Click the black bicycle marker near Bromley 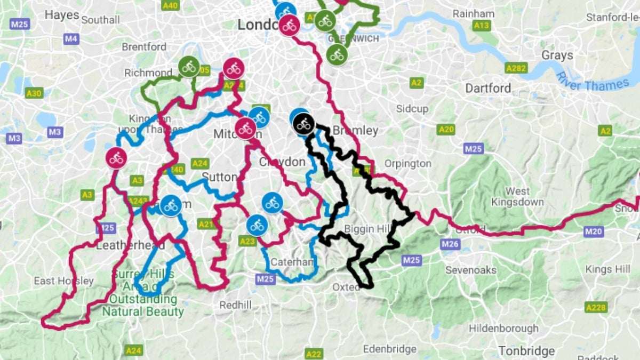pyautogui.click(x=303, y=124)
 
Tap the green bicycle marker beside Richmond pyautogui.click(x=189, y=67)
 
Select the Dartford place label pyautogui.click(x=488, y=88)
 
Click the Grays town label pyautogui.click(x=557, y=55)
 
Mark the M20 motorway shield pyautogui.click(x=593, y=231)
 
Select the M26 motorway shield pyautogui.click(x=451, y=244)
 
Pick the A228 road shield pyautogui.click(x=596, y=307)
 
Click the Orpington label pyautogui.click(x=407, y=163)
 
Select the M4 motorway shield pyautogui.click(x=71, y=39)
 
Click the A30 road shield pyautogui.click(x=34, y=93)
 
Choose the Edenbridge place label pyautogui.click(x=389, y=349)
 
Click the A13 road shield pyautogui.click(x=481, y=25)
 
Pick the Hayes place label pyautogui.click(x=62, y=15)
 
